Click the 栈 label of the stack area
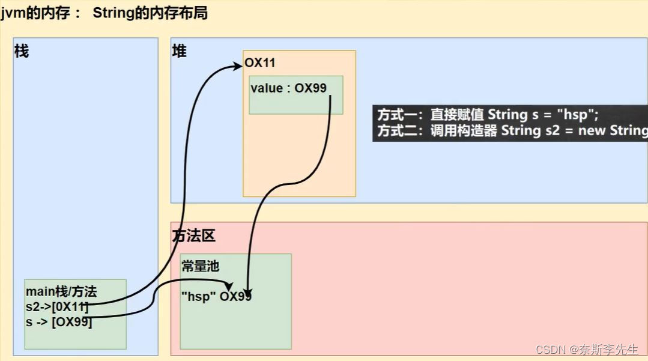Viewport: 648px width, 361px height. (x=22, y=52)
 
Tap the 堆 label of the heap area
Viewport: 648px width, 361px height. (x=179, y=52)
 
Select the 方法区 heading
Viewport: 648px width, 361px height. (x=193, y=237)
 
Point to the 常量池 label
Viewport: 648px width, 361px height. (x=200, y=267)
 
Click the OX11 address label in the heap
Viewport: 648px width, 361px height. (x=260, y=63)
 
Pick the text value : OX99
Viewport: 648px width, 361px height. (x=288, y=88)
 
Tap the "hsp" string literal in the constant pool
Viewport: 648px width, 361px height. (x=198, y=296)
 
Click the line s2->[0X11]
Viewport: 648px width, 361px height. (x=57, y=307)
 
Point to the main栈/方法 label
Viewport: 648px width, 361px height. (x=61, y=293)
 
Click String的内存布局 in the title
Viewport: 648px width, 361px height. (x=150, y=13)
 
